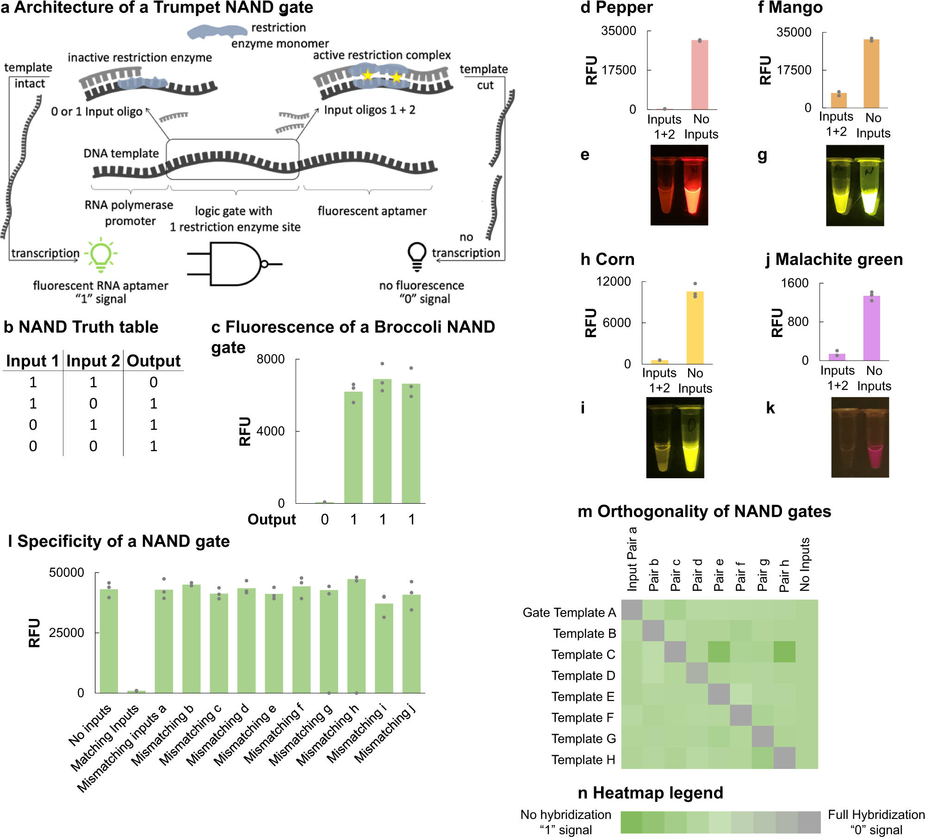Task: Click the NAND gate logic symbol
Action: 234,264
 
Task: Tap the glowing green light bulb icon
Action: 101,254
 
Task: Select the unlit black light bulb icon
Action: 416,255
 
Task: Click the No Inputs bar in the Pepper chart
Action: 700,75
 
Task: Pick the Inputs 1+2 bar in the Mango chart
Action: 838,100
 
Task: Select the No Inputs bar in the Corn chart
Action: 695,327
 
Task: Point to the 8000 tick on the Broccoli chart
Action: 271,359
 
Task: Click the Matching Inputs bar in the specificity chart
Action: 136,692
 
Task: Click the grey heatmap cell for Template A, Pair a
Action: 632,610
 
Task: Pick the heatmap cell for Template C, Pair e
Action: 719,652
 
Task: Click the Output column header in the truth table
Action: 154,361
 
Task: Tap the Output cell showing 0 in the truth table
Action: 154,382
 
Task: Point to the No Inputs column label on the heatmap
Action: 805,564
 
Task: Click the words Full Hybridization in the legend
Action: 876,815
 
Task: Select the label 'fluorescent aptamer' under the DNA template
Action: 372,211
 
